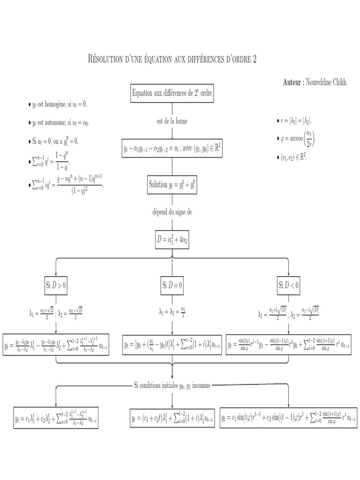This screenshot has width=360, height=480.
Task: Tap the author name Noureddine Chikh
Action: [326, 82]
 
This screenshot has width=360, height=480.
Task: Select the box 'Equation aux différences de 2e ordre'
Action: [172, 93]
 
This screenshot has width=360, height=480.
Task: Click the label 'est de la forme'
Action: [172, 121]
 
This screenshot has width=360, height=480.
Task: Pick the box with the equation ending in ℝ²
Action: [172, 149]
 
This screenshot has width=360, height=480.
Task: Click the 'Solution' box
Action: [172, 184]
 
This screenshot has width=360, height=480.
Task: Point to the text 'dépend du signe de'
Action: [172, 212]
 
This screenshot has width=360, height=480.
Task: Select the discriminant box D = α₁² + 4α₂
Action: [172, 240]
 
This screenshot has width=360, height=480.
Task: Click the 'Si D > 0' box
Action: [56, 285]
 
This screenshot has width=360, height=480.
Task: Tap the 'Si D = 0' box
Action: [172, 285]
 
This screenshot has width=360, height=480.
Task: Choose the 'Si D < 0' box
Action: [289, 285]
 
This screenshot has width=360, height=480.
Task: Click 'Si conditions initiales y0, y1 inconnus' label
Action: [172, 385]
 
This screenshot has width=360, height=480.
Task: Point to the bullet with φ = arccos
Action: [296, 138]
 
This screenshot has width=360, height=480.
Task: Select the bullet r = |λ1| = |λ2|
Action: [294, 121]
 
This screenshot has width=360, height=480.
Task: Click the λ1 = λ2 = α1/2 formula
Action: [172, 312]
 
